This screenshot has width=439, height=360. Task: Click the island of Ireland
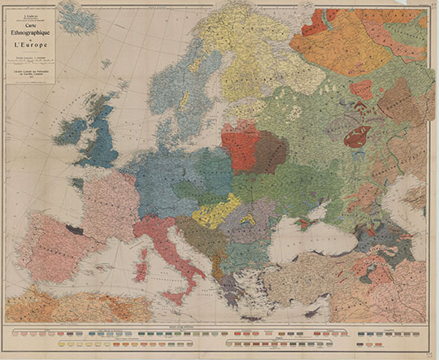[x=70, y=130]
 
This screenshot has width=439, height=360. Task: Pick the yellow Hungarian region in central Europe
[x=215, y=213]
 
